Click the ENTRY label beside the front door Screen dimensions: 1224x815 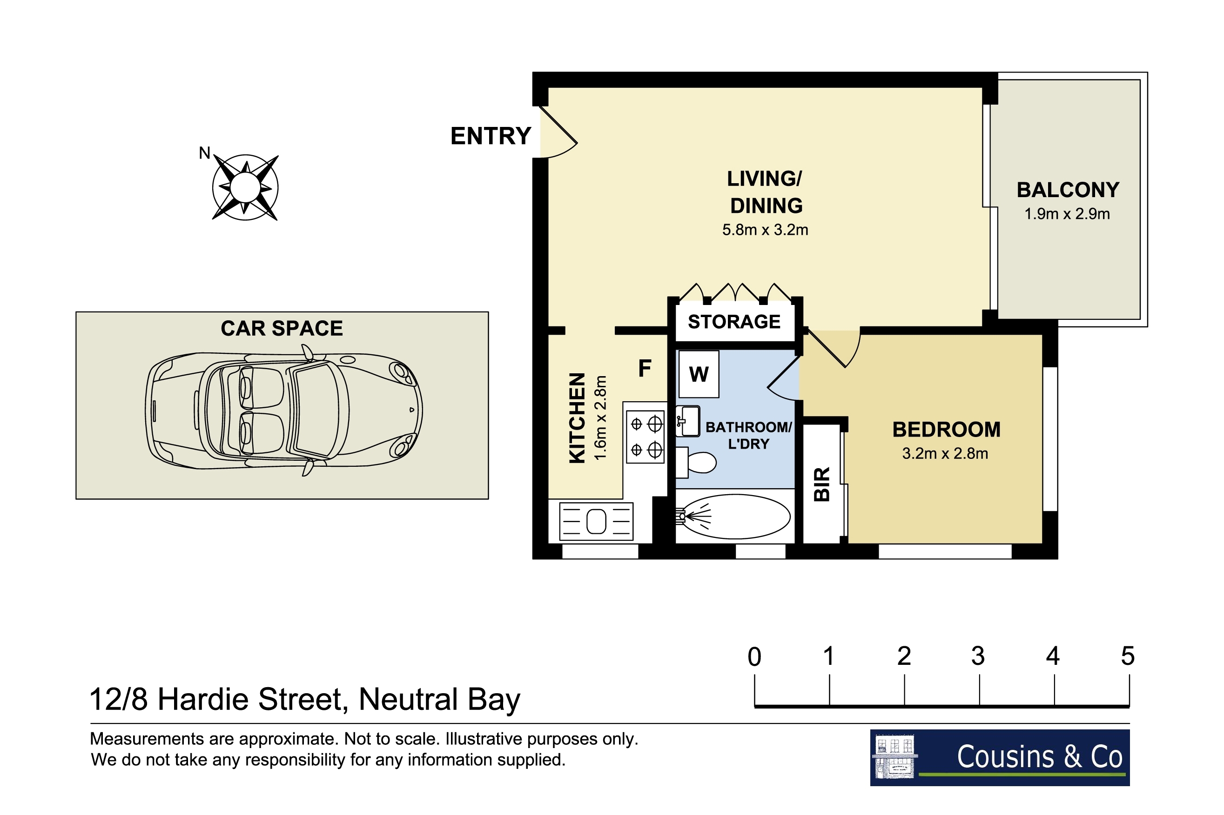[x=490, y=136]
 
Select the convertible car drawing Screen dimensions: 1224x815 [x=283, y=410]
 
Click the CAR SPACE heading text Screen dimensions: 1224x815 [x=282, y=329]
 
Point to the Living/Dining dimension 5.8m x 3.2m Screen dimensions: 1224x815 [x=765, y=230]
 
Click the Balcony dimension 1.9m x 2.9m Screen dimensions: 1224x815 [x=1067, y=213]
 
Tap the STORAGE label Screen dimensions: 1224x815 [x=734, y=322]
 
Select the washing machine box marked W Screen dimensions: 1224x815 [x=699, y=374]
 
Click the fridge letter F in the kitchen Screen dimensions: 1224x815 [x=645, y=369]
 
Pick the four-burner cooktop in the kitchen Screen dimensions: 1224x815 [x=645, y=437]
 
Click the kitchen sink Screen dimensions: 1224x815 [x=596, y=521]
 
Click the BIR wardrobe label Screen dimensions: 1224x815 [x=821, y=484]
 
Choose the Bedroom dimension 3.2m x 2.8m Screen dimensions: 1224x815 [x=945, y=453]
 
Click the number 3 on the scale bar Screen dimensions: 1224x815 [x=978, y=656]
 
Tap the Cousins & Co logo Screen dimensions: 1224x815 [x=1000, y=757]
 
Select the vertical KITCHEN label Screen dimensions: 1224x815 [x=578, y=417]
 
